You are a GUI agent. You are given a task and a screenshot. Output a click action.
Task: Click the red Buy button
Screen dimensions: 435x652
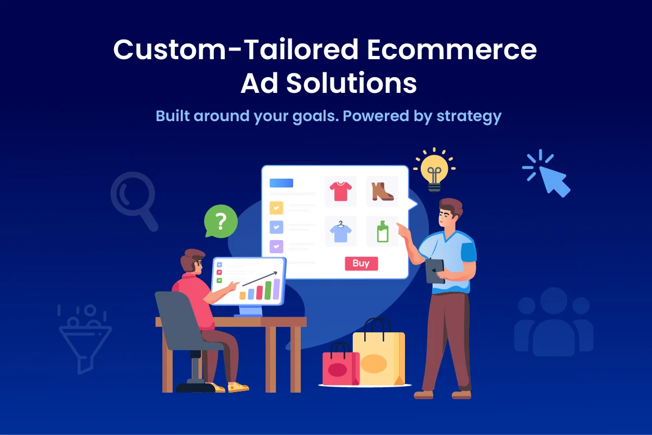[x=361, y=264]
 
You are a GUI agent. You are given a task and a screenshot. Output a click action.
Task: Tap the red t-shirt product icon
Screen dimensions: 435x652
[x=341, y=191]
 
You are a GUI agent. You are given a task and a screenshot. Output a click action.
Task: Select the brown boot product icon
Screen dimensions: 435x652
[x=382, y=191]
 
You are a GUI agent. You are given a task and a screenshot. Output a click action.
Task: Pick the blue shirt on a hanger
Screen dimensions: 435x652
[x=341, y=232]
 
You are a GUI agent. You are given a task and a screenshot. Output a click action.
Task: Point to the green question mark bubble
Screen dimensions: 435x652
[x=220, y=222]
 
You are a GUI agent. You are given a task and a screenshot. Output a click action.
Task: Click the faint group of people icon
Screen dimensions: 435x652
[x=554, y=323]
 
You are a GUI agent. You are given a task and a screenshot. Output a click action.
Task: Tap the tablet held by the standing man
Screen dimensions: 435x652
[x=435, y=270]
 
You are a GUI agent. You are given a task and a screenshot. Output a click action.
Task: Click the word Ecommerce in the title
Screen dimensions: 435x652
[x=451, y=51]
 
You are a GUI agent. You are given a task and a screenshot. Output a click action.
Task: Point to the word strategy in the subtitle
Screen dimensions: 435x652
[x=469, y=116]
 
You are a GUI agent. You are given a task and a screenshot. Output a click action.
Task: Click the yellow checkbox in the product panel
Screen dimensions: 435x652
[x=276, y=208]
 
